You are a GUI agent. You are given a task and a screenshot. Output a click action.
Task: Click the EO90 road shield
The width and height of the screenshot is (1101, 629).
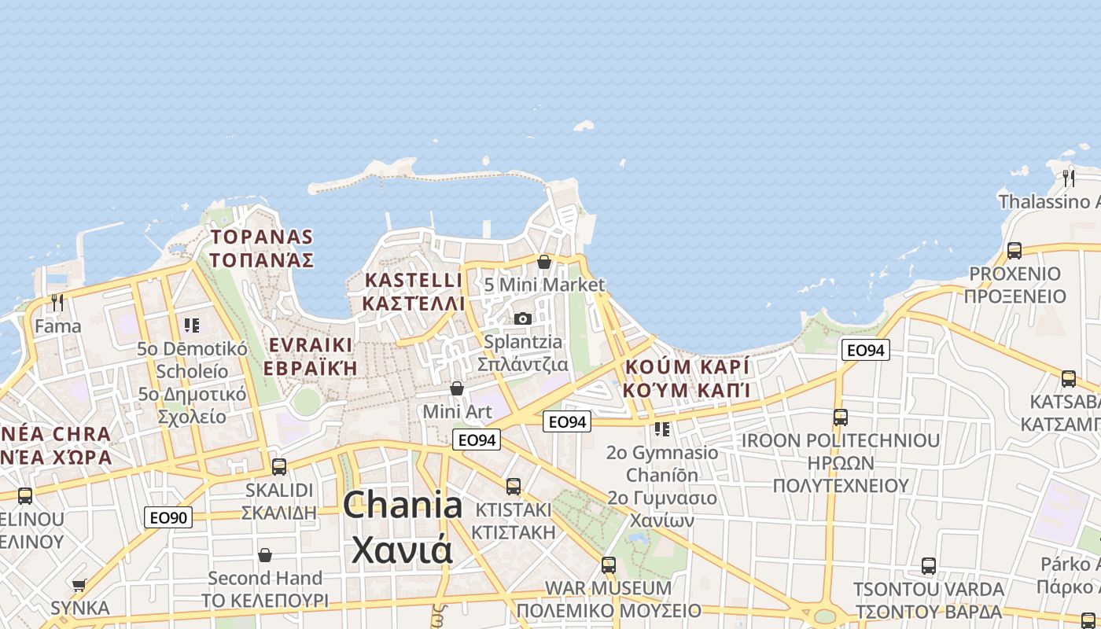click(x=168, y=517)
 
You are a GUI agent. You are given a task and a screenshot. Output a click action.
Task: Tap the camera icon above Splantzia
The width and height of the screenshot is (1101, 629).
click(x=523, y=318)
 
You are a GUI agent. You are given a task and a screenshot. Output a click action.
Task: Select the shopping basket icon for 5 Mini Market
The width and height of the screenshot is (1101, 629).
click(x=543, y=261)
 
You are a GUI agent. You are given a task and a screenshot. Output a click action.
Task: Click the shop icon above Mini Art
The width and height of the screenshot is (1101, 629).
click(x=457, y=388)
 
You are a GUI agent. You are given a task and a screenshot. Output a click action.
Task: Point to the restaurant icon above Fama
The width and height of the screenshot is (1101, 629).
click(x=57, y=303)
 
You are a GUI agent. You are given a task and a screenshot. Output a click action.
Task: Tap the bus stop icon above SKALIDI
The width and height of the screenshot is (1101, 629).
click(x=279, y=466)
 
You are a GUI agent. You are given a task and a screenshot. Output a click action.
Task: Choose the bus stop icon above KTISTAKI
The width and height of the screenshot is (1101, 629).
click(x=514, y=487)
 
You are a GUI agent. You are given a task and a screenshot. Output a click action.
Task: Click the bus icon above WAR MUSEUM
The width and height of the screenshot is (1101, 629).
click(x=608, y=565)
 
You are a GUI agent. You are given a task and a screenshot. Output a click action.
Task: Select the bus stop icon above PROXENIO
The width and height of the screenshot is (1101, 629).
click(x=1014, y=251)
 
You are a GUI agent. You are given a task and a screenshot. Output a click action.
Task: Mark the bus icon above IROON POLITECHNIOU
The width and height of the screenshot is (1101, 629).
click(x=841, y=417)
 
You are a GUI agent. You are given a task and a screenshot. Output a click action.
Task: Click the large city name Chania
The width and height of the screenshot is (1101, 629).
click(x=403, y=504)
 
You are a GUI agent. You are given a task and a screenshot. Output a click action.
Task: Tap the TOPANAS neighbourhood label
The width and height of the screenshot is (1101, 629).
click(x=262, y=237)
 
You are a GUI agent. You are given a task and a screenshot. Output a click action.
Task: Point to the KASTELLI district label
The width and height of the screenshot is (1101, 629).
click(x=414, y=280)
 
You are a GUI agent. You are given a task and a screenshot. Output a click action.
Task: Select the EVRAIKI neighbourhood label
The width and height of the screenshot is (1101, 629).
click(x=311, y=345)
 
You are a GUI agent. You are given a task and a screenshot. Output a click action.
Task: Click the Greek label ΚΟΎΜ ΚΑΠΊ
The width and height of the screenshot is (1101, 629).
click(x=686, y=390)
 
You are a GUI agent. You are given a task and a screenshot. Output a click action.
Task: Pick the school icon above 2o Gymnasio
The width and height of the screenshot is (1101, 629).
click(x=662, y=429)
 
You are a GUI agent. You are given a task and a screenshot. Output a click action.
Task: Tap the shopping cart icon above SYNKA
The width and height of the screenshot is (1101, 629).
click(x=79, y=585)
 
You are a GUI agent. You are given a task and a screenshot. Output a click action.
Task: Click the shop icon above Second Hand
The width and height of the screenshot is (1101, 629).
click(x=265, y=555)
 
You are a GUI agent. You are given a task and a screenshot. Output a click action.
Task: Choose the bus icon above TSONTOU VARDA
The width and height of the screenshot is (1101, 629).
click(x=929, y=565)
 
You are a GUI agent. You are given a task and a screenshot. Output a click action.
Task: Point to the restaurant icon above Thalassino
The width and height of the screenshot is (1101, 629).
click(x=1068, y=178)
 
